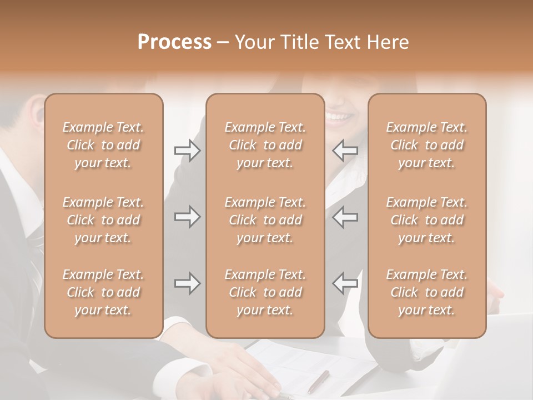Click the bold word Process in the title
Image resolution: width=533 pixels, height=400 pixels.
click(x=174, y=42)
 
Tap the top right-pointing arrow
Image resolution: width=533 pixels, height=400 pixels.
click(x=187, y=151)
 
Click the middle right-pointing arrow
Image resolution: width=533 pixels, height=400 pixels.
click(x=187, y=217)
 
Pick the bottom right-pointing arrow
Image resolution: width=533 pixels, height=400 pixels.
click(x=187, y=283)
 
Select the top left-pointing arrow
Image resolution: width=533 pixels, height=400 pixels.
click(x=345, y=151)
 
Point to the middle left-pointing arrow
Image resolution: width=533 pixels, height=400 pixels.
click(x=345, y=217)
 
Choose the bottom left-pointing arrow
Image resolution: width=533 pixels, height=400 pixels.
click(x=345, y=283)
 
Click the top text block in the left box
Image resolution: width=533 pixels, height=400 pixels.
click(x=103, y=145)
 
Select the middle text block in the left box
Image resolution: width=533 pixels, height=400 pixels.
click(x=103, y=220)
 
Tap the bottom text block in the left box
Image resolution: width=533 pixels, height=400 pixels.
click(x=103, y=292)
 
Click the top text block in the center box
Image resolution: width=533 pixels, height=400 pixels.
click(x=265, y=145)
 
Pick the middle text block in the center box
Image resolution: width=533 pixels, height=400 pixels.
click(x=265, y=220)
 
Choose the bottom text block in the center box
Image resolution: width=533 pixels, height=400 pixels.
click(x=265, y=292)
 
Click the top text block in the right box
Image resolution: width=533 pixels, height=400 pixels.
click(x=427, y=145)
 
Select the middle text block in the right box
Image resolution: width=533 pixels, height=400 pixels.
click(x=427, y=220)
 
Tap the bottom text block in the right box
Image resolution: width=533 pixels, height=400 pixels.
click(x=427, y=292)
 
